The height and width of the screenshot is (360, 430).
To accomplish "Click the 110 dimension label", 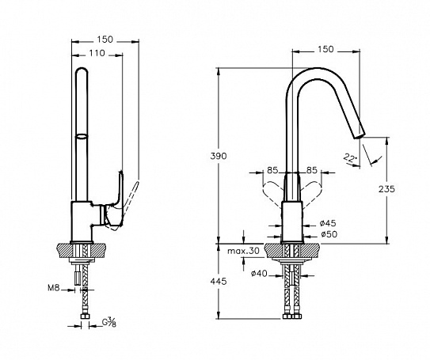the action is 97,52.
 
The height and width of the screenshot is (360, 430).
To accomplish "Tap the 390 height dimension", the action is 219,156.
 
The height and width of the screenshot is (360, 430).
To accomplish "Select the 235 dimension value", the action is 386,189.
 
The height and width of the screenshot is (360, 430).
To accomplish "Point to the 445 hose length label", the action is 219,281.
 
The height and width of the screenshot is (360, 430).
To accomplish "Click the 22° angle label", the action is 350,158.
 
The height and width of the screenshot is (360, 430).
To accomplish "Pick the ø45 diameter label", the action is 328,223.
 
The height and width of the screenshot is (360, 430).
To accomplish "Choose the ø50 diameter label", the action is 329,234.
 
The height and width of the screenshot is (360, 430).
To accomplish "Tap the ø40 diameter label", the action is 259,273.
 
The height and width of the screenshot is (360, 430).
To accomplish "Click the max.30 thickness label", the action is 243,251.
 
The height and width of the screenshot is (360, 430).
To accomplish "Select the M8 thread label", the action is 54,288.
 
